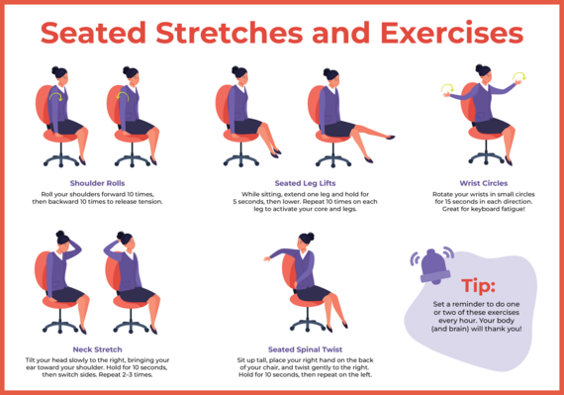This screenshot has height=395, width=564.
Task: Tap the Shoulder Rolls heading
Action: pyautogui.click(x=96, y=183)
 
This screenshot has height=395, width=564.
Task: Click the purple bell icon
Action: pyautogui.click(x=432, y=264)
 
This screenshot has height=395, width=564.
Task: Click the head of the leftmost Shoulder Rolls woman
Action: pyautogui.click(x=59, y=76)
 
